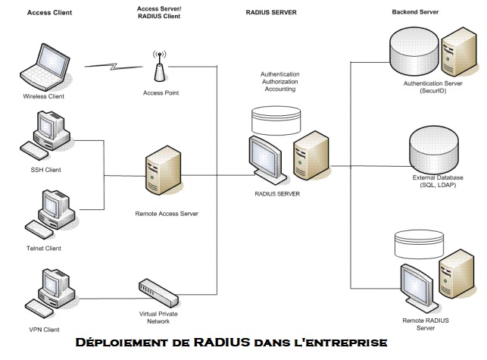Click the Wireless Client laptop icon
tap(44, 66)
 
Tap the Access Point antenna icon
tap(159, 66)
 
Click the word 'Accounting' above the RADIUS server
tap(280, 89)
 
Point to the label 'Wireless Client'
tap(42, 97)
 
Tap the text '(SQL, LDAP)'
tap(435, 185)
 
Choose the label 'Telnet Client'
tap(42, 248)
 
